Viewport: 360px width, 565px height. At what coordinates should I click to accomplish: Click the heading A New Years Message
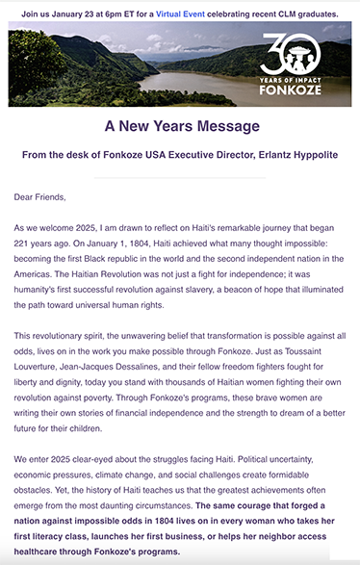pyautogui.click(x=182, y=126)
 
